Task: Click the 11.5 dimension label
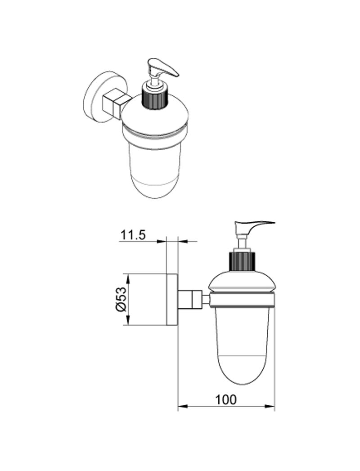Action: point(133,235)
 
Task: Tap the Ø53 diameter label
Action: point(121,299)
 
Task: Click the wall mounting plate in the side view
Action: point(172,299)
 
